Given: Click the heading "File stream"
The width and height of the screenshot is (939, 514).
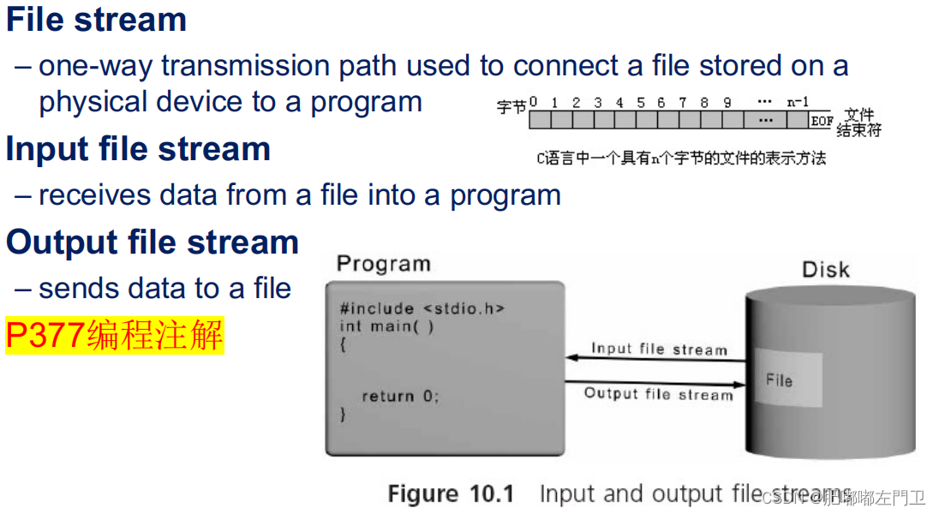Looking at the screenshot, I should click(96, 19).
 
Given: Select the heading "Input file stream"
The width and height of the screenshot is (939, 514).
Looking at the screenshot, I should click(138, 149).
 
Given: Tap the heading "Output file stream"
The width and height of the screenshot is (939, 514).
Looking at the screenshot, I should click(152, 242).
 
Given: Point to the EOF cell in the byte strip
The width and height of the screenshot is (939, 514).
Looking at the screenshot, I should click(821, 121).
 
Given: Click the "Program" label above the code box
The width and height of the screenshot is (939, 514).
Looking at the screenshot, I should click(383, 263).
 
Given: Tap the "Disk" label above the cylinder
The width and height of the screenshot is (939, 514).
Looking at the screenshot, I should click(825, 270).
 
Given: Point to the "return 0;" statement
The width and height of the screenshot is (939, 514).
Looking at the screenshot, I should click(399, 396).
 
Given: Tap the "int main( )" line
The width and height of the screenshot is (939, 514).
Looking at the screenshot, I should click(386, 326).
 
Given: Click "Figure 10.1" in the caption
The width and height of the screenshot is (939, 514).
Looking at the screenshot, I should click(451, 494).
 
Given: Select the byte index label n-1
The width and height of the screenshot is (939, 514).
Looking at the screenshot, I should click(798, 102).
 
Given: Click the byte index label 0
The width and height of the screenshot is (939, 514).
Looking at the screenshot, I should click(533, 102).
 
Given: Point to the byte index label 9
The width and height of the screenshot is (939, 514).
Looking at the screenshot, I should click(727, 102).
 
